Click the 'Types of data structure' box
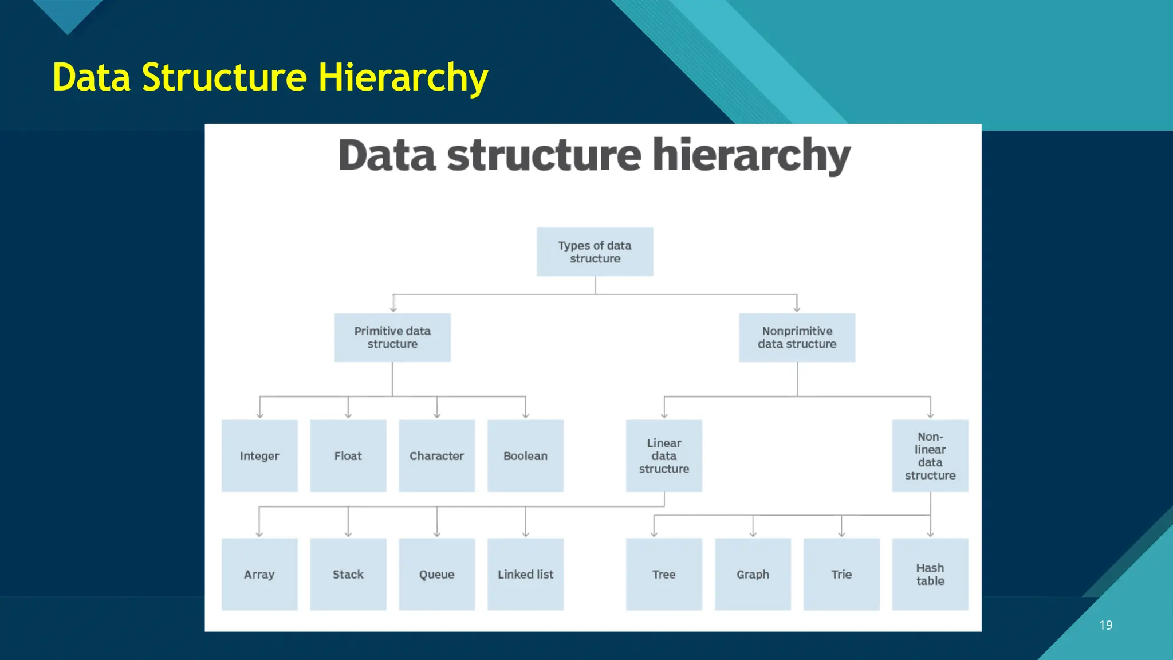(595, 252)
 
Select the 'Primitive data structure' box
(392, 337)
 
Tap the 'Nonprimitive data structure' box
(797, 337)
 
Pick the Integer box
(259, 456)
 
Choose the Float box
(348, 456)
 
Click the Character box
(436, 456)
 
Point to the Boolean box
(525, 456)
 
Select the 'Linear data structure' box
(664, 456)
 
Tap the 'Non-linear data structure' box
(930, 456)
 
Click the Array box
(259, 574)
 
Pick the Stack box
(348, 574)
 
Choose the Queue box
(436, 574)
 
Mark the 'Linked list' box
(525, 574)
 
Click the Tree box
(664, 574)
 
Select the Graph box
(753, 574)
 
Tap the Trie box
(841, 574)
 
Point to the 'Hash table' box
(930, 574)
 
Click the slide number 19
(1105, 625)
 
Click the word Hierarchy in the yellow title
(403, 78)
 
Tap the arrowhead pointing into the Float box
(348, 415)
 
